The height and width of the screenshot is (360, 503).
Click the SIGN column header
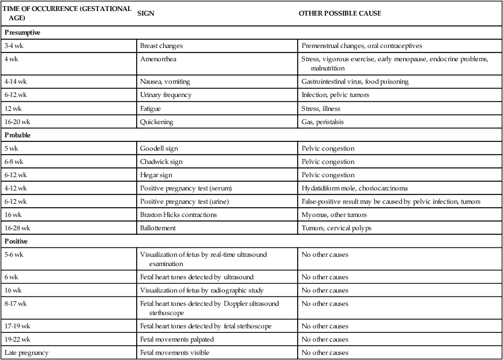pos(145,13)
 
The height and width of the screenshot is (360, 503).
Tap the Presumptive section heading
pos(22,33)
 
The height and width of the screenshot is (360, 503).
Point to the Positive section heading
pos(17,241)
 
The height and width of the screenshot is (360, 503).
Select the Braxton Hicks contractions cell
pos(178,215)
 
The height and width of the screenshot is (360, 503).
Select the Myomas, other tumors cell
pos(331,215)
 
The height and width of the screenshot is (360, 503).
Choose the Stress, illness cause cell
pos(321,108)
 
